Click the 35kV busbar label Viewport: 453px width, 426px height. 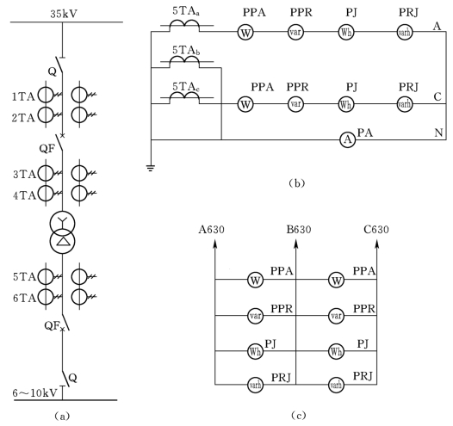[64, 14]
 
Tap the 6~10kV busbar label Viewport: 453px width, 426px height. [35, 393]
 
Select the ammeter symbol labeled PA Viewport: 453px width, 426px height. [348, 139]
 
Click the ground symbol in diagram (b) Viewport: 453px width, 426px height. [151, 168]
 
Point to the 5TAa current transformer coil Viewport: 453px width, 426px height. [184, 26]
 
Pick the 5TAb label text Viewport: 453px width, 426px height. [186, 51]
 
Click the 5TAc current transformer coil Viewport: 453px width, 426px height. [184, 98]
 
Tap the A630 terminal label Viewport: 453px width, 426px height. [212, 230]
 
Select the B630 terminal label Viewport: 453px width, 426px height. [299, 230]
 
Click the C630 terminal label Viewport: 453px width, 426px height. [376, 230]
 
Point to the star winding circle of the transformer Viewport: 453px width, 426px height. [62, 223]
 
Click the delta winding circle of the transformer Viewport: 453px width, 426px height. [62, 242]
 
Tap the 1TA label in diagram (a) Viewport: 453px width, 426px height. [23, 97]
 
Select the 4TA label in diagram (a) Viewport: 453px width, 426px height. [24, 195]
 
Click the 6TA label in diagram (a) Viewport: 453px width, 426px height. [24, 298]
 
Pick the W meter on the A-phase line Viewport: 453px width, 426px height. [245, 33]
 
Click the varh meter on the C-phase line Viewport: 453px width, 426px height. [405, 104]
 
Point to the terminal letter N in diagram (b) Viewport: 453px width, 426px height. [438, 133]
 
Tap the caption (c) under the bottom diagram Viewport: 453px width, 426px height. [298, 416]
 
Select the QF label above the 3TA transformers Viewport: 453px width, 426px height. [47, 149]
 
